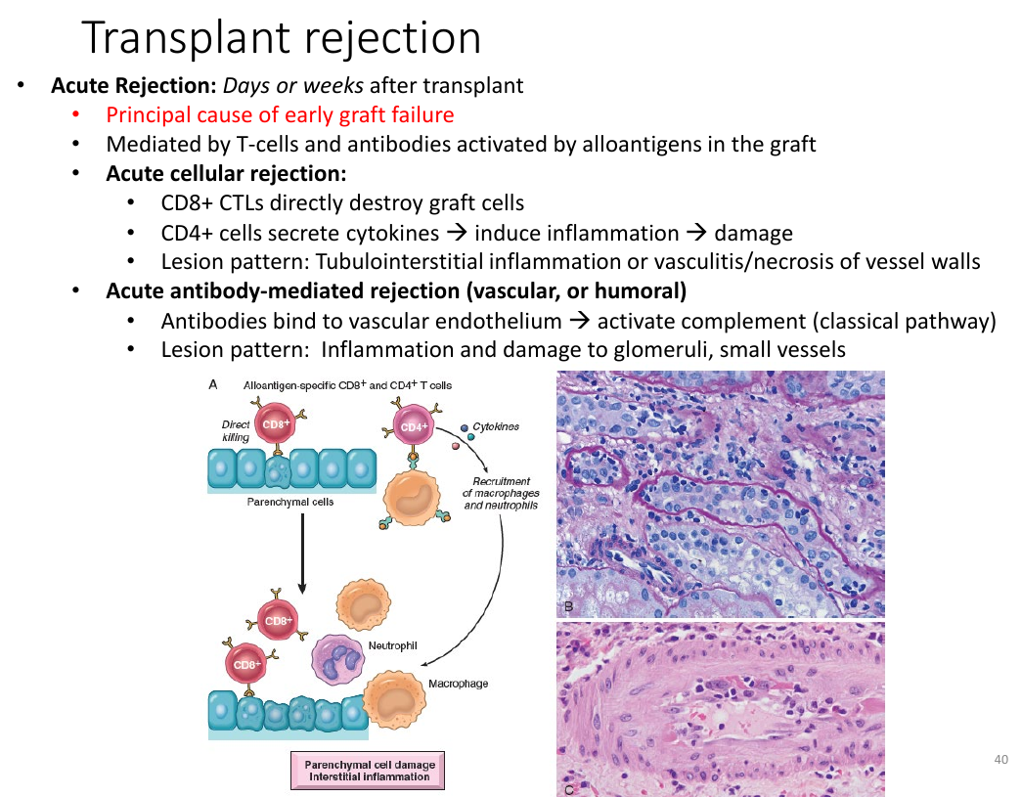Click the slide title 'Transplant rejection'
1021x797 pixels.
(x=282, y=38)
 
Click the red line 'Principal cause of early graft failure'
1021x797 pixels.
(x=280, y=114)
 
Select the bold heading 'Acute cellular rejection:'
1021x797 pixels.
(x=226, y=173)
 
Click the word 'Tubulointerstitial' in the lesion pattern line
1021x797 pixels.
(x=399, y=261)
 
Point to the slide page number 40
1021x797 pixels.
(x=1000, y=759)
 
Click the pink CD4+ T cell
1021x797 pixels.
(x=413, y=426)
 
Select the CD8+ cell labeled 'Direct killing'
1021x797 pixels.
(x=276, y=423)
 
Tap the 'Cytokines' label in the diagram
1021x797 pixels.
(x=496, y=426)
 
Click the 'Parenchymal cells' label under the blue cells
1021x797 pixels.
(x=290, y=502)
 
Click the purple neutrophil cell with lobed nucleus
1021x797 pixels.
(x=338, y=660)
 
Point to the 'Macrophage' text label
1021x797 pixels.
(x=459, y=684)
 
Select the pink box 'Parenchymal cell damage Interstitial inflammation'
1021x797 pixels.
(x=368, y=771)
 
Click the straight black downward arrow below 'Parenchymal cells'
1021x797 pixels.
(x=302, y=553)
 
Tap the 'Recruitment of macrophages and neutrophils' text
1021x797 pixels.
(x=501, y=493)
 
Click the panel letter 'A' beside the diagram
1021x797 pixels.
(x=213, y=385)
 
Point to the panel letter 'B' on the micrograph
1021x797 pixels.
(x=568, y=607)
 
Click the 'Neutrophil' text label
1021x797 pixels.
(x=392, y=645)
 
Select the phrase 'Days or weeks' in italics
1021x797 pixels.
(x=293, y=85)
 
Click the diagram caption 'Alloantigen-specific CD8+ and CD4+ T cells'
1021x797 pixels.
(x=348, y=385)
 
